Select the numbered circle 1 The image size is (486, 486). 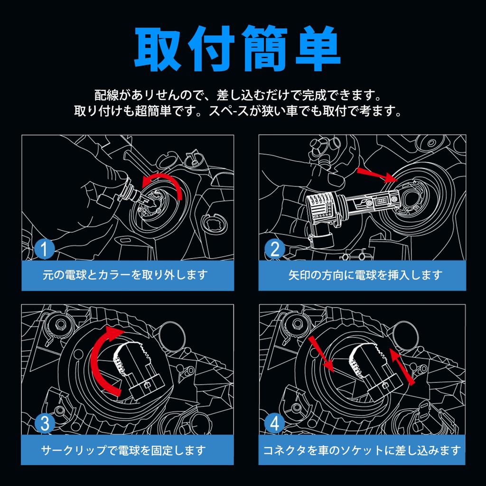[44, 249]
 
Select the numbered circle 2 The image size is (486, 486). [275, 249]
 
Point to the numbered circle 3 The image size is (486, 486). [44, 423]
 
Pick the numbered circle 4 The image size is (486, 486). [275, 423]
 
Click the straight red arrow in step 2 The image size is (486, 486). [377, 175]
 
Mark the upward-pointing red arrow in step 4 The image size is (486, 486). [402, 367]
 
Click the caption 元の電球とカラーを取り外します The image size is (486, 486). [125, 275]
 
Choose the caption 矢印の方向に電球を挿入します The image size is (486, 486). [365, 275]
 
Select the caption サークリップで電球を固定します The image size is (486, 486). [123, 450]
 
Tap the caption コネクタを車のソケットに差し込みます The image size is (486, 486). [362, 450]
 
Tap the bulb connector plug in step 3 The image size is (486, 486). [147, 386]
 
